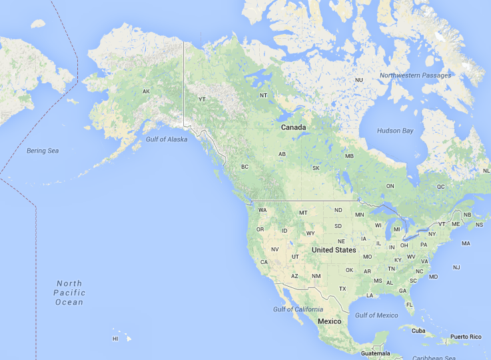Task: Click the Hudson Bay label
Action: [x=394, y=131]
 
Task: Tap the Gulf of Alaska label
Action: [x=167, y=139]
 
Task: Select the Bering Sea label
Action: [x=43, y=151]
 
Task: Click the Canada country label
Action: [x=293, y=127]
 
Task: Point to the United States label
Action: [x=334, y=250]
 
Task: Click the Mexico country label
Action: [x=329, y=321]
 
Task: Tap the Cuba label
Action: [x=418, y=331]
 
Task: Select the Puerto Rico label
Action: [x=465, y=337]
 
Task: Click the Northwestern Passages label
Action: [x=415, y=75]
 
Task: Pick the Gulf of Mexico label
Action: [x=376, y=315]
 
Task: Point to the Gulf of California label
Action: [x=298, y=309]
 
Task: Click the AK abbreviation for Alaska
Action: [x=147, y=91]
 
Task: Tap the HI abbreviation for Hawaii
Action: [x=115, y=339]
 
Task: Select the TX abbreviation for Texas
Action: [x=342, y=289]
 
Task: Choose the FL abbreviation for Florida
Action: [x=410, y=304]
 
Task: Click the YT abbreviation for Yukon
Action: [x=203, y=100]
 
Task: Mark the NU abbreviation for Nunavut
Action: [x=359, y=80]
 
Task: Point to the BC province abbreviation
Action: [x=245, y=167]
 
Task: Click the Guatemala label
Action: [x=375, y=353]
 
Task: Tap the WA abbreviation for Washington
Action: [x=262, y=210]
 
